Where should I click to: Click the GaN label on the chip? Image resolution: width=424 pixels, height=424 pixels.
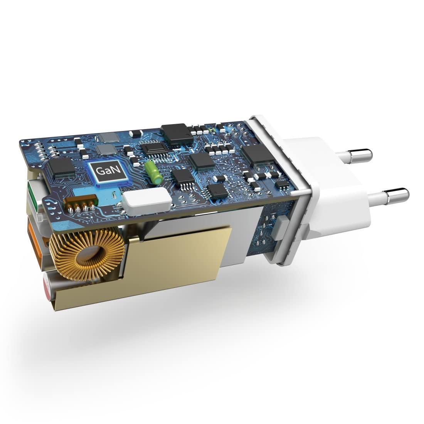tap(108, 171)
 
